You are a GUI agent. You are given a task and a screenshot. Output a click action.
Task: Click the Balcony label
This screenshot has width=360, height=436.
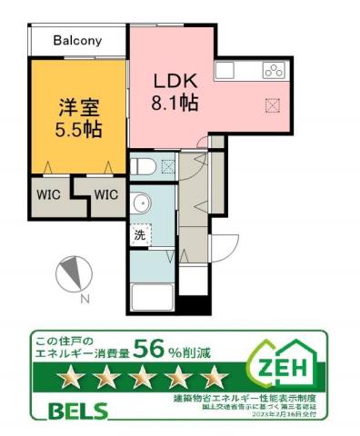pyautogui.click(x=77, y=41)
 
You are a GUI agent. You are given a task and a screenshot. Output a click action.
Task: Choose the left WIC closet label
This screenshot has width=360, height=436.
pyautogui.click(x=49, y=193)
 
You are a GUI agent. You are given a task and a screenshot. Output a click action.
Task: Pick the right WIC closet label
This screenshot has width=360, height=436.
pyautogui.click(x=105, y=193)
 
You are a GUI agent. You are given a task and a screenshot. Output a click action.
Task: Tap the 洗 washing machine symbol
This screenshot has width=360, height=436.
pyautogui.click(x=140, y=235)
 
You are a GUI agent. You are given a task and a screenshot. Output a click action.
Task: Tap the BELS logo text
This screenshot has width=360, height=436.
pyautogui.click(x=77, y=410)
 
